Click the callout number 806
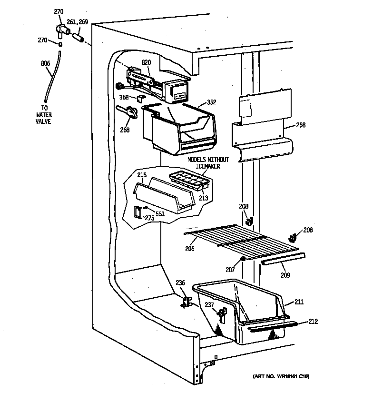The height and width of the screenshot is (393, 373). tap(45, 63)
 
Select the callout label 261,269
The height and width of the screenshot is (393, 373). tap(77, 22)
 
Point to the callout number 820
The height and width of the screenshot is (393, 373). tap(146, 62)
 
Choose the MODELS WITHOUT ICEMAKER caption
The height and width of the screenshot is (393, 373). tap(207, 163)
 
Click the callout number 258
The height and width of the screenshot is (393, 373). tap(300, 125)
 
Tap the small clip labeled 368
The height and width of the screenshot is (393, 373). tap(140, 98)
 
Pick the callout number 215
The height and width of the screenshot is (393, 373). tap(142, 175)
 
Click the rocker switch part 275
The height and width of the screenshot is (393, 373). tap(137, 212)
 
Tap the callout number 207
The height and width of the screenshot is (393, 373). tap(230, 270)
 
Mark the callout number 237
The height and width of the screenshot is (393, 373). tap(209, 305)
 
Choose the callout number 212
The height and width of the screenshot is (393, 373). tap(313, 321)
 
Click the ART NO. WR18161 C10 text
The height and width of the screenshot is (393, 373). tap(281, 376)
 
